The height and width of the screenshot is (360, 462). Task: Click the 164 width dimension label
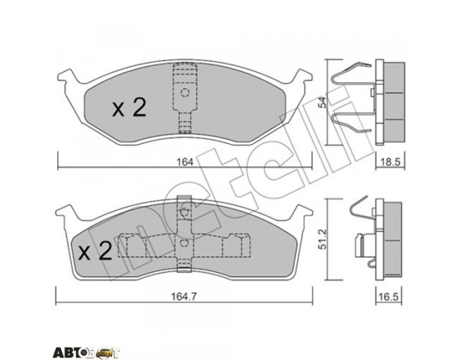(185, 162)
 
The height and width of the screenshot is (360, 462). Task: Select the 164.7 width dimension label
(184, 296)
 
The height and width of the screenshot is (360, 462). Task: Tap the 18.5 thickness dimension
(391, 162)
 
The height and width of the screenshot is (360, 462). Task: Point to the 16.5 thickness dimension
(389, 296)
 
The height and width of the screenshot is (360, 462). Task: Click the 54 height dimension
(323, 102)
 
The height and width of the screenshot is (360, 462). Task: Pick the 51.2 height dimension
(323, 239)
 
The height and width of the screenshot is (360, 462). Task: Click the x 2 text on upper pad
(129, 107)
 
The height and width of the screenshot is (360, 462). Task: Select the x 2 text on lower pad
(95, 251)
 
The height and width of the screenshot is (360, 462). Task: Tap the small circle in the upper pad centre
(185, 93)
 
